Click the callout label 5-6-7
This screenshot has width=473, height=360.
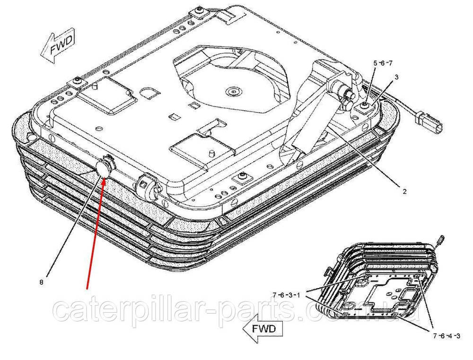(x=383, y=63)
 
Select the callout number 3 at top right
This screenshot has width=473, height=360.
(x=396, y=77)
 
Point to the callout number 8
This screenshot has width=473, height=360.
(x=41, y=282)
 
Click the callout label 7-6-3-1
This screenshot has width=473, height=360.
(x=286, y=295)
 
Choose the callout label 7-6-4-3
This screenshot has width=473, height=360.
(x=447, y=336)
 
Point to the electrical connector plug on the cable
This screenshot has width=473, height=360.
(x=429, y=123)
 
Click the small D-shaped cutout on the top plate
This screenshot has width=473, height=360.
(x=148, y=92)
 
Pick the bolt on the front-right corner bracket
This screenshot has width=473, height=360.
(x=242, y=176)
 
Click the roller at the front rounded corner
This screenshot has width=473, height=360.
(x=148, y=185)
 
